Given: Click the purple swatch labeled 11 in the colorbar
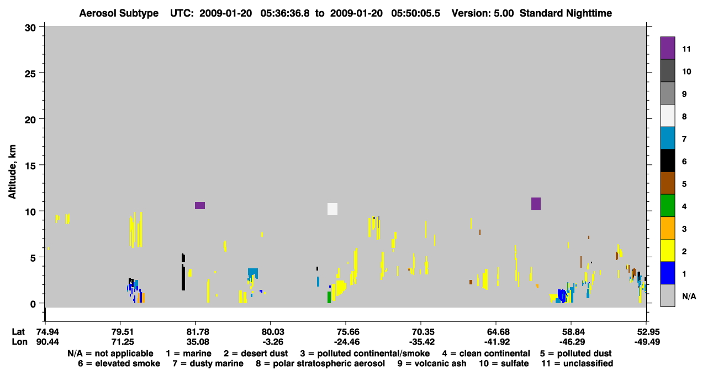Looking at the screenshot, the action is [x=667, y=48].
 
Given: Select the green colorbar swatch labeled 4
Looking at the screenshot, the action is [x=667, y=206].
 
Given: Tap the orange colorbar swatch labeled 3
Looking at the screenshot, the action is [x=667, y=228].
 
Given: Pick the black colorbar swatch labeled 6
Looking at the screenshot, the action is [x=667, y=160].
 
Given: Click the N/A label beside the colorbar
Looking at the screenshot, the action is [x=689, y=296].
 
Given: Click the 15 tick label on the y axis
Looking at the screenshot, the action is [x=30, y=166].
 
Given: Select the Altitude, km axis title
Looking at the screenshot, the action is [x=12, y=172].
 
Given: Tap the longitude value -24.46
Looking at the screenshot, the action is [x=346, y=342].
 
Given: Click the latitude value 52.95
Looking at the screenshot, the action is [x=647, y=331].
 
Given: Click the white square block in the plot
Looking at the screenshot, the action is [x=332, y=209].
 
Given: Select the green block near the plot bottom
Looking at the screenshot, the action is [x=329, y=298].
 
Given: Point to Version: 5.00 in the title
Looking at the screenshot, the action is [x=483, y=13].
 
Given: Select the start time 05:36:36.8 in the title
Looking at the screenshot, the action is [x=285, y=13].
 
